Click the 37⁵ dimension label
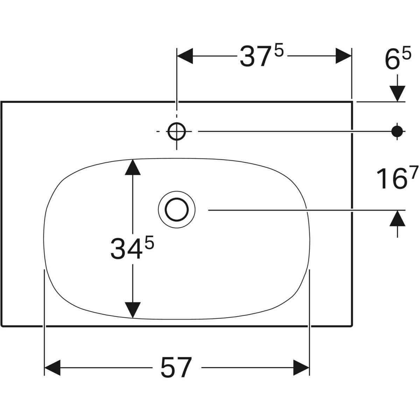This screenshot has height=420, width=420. [x=262, y=56]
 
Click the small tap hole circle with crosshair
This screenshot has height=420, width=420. [x=176, y=132]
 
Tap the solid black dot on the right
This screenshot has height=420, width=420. [x=397, y=132]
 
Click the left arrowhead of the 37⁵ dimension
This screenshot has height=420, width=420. [x=185, y=56]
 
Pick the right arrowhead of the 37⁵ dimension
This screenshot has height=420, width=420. [x=343, y=56]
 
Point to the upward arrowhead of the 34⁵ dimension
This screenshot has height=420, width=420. [x=133, y=167]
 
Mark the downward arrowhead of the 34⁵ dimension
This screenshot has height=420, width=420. [x=133, y=310]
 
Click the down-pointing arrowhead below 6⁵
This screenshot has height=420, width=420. [x=397, y=94]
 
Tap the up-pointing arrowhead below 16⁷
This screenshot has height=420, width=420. [x=397, y=218]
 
